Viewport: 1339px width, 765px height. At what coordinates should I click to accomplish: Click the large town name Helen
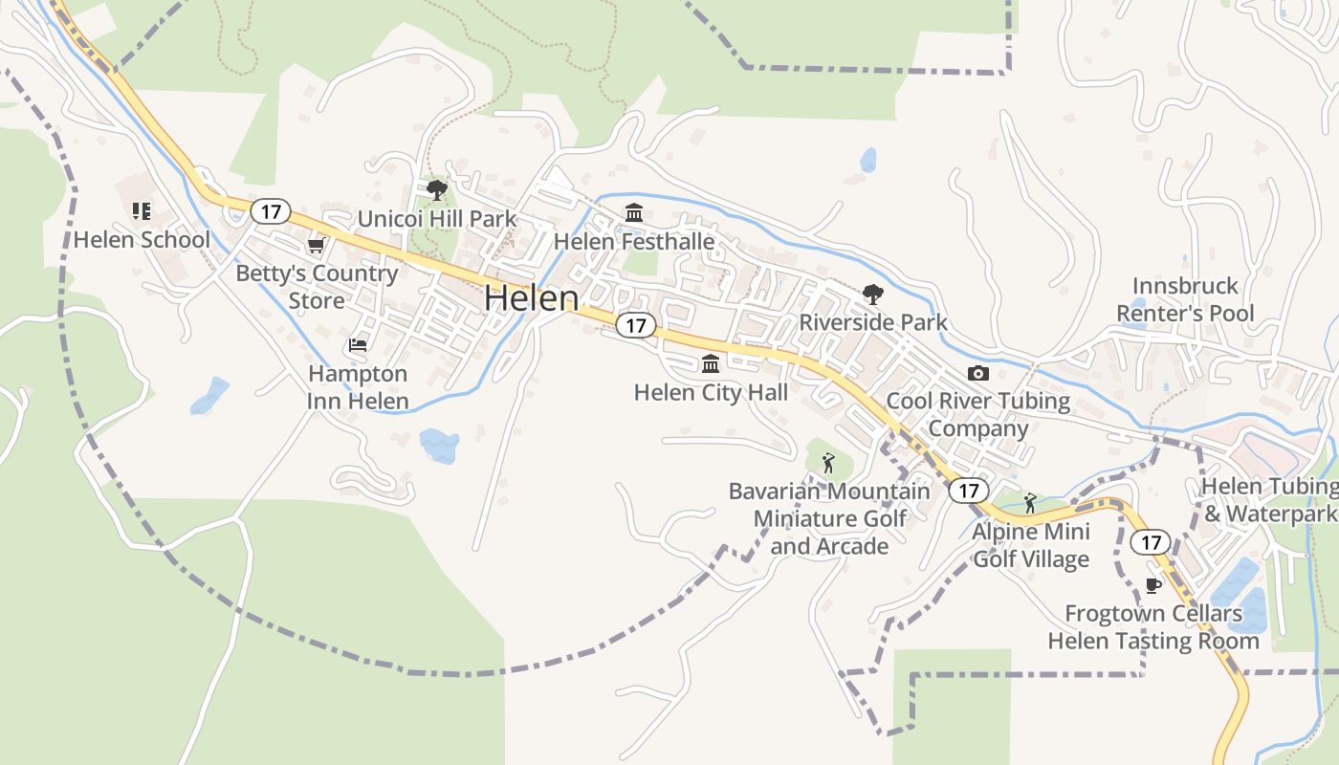coord(531,298)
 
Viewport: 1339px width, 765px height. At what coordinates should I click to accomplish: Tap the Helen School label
coord(142,239)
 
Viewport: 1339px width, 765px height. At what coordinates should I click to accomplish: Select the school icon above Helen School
coord(142,211)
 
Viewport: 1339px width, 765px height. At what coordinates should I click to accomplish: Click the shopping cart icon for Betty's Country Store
coord(316,246)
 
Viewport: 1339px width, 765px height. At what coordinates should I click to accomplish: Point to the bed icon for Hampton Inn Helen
coord(358,345)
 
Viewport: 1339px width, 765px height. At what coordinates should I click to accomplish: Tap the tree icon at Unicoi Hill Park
coord(437,190)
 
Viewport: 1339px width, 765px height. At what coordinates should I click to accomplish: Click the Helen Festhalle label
coord(634,241)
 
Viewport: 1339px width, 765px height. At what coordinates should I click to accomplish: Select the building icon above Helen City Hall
coord(711,364)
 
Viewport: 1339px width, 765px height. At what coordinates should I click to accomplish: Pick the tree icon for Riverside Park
coord(873,295)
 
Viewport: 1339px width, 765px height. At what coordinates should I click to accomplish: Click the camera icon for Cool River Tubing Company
coord(977,373)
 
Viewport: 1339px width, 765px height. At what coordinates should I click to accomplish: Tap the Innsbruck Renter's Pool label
coord(1185,299)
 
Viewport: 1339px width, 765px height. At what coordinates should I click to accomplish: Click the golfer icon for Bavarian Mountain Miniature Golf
coord(828,464)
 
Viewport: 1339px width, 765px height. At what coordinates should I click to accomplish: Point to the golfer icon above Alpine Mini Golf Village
coord(1030,502)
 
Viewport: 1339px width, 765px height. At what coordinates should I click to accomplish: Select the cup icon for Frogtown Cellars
coord(1152,585)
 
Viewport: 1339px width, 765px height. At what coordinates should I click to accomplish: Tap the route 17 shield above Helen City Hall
coord(635,325)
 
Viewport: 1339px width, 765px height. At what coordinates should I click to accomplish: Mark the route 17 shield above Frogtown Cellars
coord(1151,542)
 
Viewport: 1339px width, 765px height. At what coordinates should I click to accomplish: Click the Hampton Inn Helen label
coord(358,387)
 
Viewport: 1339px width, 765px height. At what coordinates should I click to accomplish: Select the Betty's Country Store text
coord(317,287)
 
